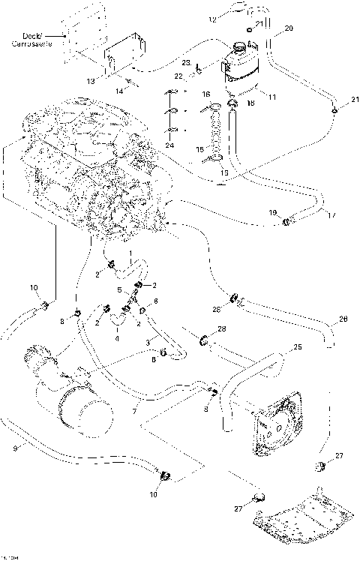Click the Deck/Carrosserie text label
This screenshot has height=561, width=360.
[28, 40]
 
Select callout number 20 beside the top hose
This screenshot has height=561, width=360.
[288, 31]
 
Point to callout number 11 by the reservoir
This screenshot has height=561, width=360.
[271, 97]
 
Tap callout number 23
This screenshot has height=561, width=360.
[185, 64]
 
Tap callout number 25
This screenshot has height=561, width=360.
[297, 347]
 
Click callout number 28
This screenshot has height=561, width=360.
[221, 329]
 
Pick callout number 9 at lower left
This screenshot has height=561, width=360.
[16, 448]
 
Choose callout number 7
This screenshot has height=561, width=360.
[134, 412]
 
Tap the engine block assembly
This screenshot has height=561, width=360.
[90, 165]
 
